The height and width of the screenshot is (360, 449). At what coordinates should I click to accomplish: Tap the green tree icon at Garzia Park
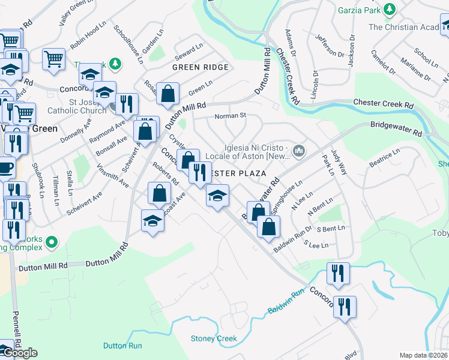pyautogui.click(x=390, y=10)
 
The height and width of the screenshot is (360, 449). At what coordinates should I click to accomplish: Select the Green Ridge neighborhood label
pyautogui.click(x=200, y=67)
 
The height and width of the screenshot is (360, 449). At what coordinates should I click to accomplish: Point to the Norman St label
pyautogui.click(x=231, y=115)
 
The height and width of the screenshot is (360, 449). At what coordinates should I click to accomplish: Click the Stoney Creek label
pyautogui.click(x=214, y=338)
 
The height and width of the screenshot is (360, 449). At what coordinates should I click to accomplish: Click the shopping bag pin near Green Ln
pyautogui.click(x=168, y=94)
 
